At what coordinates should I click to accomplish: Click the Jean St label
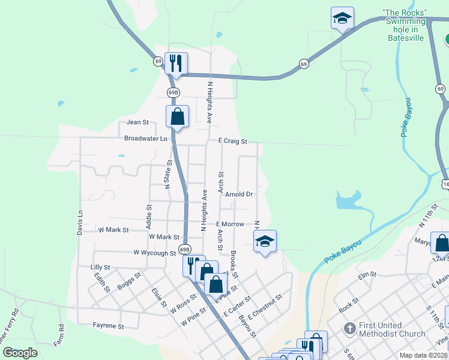(x=137, y=122)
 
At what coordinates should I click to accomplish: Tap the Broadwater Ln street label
(x=146, y=139)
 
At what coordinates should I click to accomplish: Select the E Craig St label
(x=233, y=142)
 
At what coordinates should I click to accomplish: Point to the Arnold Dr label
(x=239, y=194)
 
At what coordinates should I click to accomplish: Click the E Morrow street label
(x=231, y=224)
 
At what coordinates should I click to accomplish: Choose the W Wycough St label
(x=154, y=253)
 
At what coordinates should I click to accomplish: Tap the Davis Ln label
(x=79, y=221)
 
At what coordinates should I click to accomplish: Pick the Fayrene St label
(x=108, y=327)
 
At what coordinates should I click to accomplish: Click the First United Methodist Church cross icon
(x=350, y=329)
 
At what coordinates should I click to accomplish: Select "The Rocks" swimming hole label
(x=405, y=25)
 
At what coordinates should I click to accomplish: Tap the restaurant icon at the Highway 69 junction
(x=176, y=62)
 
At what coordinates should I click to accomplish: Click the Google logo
(x=20, y=353)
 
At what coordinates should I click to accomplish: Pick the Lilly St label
(x=100, y=267)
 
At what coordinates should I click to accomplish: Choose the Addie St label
(x=149, y=212)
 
